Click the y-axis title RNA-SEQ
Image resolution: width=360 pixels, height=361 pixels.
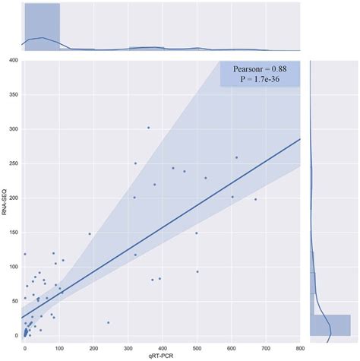(x=5, y=199)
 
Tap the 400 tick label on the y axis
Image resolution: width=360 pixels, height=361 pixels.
(x=14, y=60)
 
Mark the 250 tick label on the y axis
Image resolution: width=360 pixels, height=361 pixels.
(x=14, y=163)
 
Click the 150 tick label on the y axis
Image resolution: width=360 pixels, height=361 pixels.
(x=14, y=232)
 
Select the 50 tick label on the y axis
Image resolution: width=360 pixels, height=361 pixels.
(x=15, y=301)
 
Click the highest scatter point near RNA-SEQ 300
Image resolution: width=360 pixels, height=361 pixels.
(x=148, y=128)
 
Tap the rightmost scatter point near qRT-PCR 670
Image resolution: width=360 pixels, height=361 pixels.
(x=255, y=199)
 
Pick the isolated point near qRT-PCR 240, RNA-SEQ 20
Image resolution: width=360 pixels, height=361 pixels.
(x=108, y=322)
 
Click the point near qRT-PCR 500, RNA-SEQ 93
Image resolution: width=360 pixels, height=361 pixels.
(x=197, y=271)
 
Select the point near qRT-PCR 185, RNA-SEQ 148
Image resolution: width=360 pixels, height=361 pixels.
(x=89, y=234)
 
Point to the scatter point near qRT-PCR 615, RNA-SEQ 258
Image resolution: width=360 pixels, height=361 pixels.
(x=236, y=157)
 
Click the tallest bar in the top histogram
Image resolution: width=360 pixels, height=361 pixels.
(x=42, y=27)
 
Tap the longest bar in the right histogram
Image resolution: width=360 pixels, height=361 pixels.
(x=330, y=325)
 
